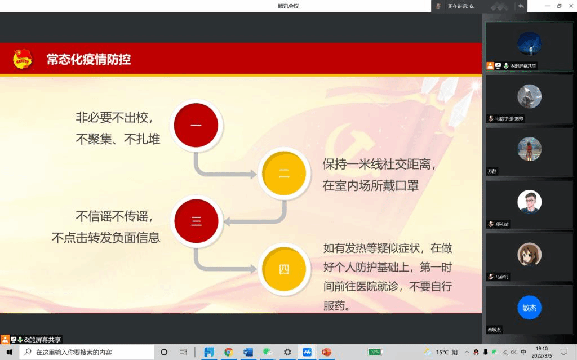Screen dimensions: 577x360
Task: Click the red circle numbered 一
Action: pyautogui.click(x=196, y=125)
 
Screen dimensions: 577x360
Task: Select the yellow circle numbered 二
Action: pyautogui.click(x=284, y=173)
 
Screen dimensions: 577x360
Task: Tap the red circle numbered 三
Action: pyautogui.click(x=196, y=221)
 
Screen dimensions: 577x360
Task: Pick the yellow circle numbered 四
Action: pyautogui.click(x=284, y=269)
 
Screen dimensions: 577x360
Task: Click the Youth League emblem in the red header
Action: pyautogui.click(x=23, y=59)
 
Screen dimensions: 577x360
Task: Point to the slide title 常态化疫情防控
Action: pyautogui.click(x=88, y=59)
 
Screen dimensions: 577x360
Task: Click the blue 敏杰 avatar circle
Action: pyautogui.click(x=529, y=308)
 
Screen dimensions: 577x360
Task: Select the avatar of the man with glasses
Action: pyautogui.click(x=529, y=202)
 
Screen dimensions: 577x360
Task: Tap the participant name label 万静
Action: pyautogui.click(x=492, y=171)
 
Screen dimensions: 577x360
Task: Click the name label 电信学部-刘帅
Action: pyautogui.click(x=509, y=118)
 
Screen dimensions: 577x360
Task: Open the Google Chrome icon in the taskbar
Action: pyautogui.click(x=229, y=352)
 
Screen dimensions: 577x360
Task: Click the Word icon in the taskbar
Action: pyautogui.click(x=248, y=352)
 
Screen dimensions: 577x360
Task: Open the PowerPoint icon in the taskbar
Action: pyautogui.click(x=326, y=352)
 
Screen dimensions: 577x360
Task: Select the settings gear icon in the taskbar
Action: pyautogui.click(x=287, y=352)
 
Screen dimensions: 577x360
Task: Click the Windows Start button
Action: pyautogui.click(x=10, y=352)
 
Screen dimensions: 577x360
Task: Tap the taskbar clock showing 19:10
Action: pyautogui.click(x=542, y=349)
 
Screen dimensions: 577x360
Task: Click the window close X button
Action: pyautogui.click(x=570, y=6)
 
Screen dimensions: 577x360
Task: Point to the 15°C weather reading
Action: pyautogui.click(x=442, y=352)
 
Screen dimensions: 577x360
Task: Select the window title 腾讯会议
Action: pyautogui.click(x=288, y=6)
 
